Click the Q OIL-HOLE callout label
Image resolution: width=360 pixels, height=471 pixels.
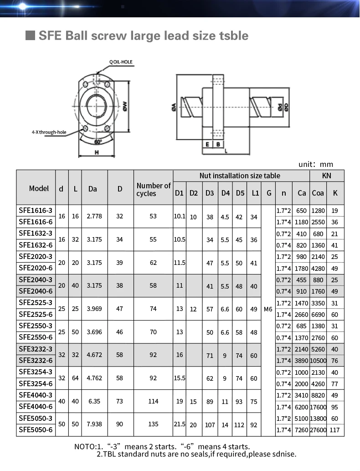[121, 62]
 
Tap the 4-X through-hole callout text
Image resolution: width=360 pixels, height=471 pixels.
[49, 132]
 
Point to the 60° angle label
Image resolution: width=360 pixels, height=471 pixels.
[98, 142]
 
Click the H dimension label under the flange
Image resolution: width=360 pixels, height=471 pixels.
[97, 152]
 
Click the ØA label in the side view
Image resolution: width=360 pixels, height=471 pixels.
[174, 108]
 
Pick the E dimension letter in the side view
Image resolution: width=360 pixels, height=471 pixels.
[207, 145]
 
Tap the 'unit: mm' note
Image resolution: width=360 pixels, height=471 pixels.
[316, 164]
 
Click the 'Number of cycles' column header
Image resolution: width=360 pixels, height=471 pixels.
[154, 190]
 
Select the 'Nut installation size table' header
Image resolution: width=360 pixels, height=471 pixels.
[240, 176]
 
